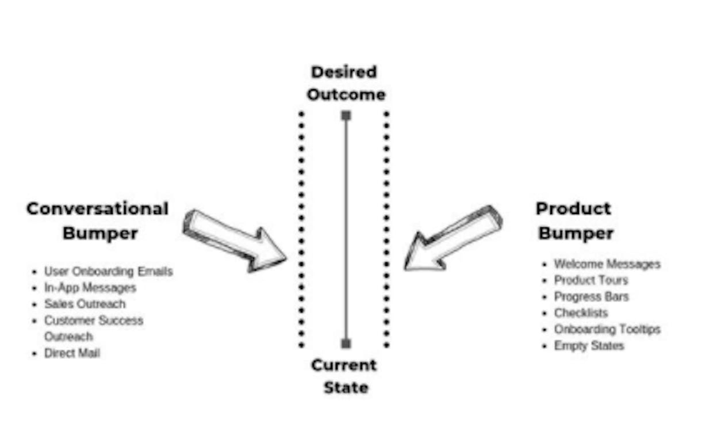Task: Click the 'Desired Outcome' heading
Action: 346,83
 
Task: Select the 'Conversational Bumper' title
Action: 97,221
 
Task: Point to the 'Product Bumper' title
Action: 575,221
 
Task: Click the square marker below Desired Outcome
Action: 346,115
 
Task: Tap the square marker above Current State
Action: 346,344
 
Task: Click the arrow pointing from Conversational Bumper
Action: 234,241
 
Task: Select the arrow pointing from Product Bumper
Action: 453,238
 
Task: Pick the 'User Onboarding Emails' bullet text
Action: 109,272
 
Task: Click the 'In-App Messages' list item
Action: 90,288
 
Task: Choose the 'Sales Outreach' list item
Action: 85,304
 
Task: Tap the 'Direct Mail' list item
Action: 72,353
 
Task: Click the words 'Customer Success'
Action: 94,320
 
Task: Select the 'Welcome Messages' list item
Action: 607,264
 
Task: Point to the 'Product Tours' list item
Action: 591,280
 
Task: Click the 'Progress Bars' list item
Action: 592,297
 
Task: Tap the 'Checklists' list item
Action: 581,313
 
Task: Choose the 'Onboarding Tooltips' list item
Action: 607,329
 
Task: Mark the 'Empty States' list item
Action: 589,346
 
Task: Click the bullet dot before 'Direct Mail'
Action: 34,353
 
